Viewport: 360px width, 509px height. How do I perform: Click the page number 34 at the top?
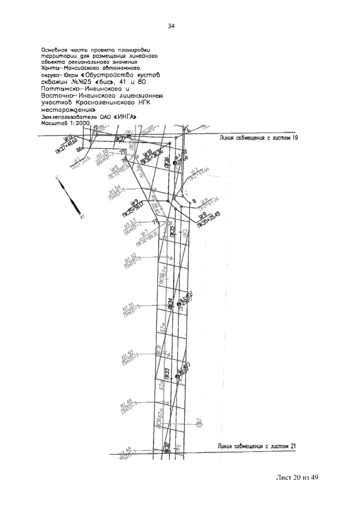coord(172,26)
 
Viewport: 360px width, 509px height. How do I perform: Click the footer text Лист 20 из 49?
coord(294,478)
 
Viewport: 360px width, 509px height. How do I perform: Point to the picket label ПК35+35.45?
coord(209,216)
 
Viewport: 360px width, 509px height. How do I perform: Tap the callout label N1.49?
coord(127,405)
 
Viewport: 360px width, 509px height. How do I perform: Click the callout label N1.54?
coord(114,192)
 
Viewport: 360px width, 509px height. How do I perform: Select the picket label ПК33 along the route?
coord(168,373)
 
